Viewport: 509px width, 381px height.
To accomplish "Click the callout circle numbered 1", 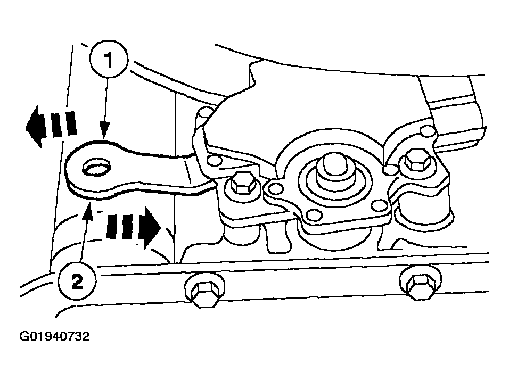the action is pyautogui.click(x=109, y=59).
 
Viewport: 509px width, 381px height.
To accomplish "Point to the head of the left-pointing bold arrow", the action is pyautogui.click(x=33, y=127).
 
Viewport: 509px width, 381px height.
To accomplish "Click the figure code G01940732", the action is pyautogui.click(x=54, y=336).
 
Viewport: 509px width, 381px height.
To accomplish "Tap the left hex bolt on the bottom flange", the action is pyautogui.click(x=204, y=292).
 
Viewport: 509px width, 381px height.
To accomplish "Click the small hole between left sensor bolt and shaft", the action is pyautogui.click(x=276, y=188).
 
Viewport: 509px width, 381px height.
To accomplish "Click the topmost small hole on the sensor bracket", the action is pyautogui.click(x=206, y=113).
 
